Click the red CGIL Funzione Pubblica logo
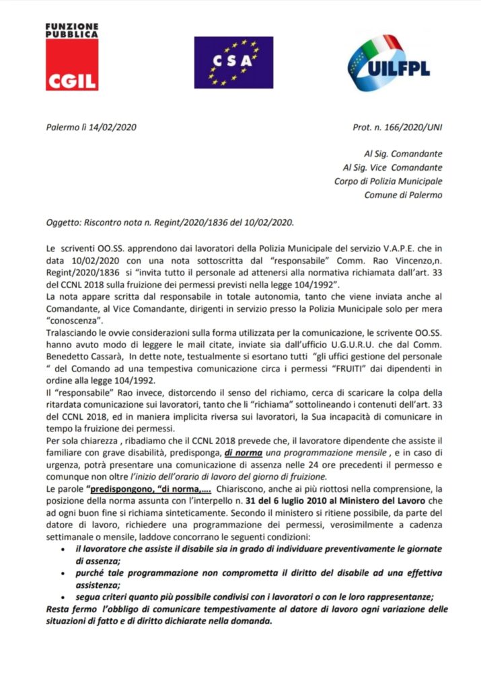[72, 57]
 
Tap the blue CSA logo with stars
[233, 62]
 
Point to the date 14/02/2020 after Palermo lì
[110, 127]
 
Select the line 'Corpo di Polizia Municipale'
[388, 181]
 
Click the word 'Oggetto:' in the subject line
[57, 222]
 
